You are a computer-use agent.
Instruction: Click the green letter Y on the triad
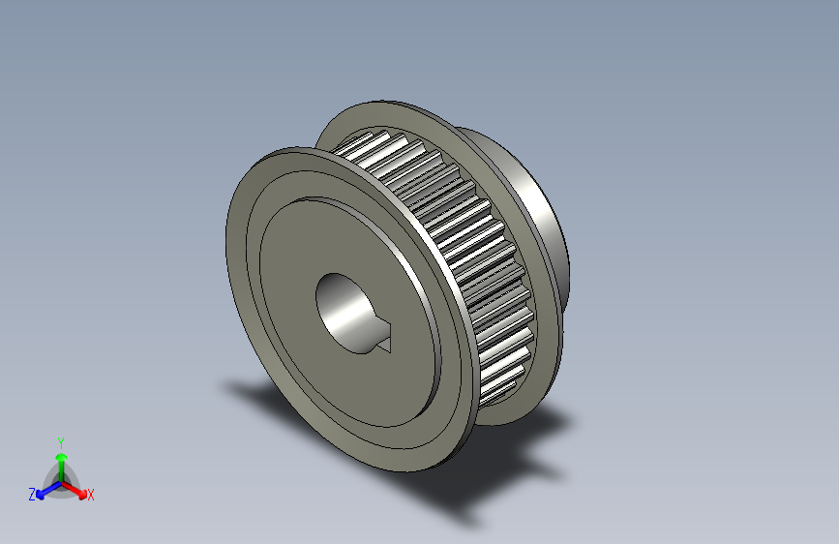60,440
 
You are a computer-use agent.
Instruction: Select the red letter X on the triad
91,495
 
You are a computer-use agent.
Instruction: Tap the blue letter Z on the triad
32,495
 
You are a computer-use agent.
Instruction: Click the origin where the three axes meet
60,481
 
